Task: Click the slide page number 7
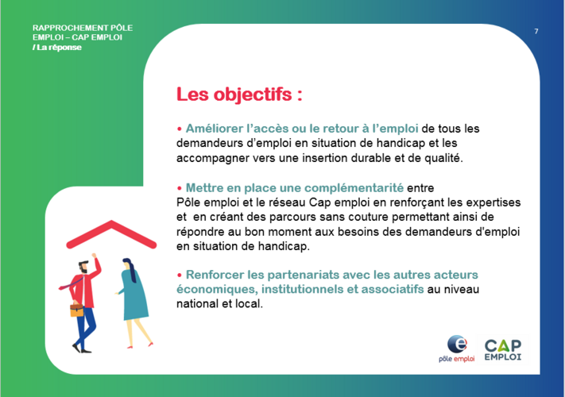(x=536, y=31)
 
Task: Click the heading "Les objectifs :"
(x=239, y=94)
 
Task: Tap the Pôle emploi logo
(x=457, y=349)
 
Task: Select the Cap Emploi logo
(x=503, y=350)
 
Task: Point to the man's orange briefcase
(x=77, y=309)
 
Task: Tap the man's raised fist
(x=94, y=256)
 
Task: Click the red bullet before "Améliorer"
(x=179, y=129)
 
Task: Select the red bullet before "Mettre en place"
(x=179, y=188)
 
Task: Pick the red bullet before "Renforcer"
(x=179, y=275)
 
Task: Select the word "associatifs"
(x=393, y=289)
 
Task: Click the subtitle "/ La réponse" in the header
(x=57, y=48)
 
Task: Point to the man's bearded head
(x=83, y=266)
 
